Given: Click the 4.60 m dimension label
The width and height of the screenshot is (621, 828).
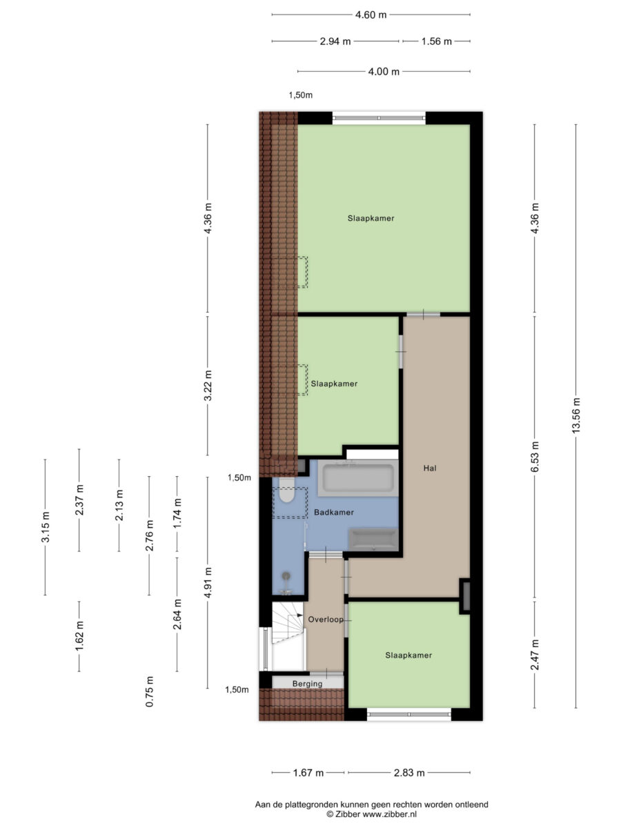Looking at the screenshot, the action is (371, 14).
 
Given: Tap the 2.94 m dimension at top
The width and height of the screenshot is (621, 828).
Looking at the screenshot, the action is (335, 41).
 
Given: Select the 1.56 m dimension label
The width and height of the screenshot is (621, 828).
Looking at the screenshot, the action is (436, 41).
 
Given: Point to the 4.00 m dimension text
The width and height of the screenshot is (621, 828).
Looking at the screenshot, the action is (384, 71).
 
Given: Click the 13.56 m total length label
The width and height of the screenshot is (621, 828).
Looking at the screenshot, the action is (575, 415).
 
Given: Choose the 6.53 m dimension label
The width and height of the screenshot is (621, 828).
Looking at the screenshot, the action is (535, 457).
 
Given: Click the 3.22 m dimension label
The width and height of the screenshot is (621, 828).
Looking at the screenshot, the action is (208, 386).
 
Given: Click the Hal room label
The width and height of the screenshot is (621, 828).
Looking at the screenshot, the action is (430, 468).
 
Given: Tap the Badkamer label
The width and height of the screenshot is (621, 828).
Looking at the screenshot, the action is (334, 512).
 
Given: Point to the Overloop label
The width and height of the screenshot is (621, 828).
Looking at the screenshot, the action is (326, 620).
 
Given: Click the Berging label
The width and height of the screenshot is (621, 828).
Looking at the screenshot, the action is (307, 684).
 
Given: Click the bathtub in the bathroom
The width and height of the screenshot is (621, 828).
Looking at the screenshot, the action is (358, 478).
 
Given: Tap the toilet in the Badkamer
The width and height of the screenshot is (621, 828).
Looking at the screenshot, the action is (286, 491).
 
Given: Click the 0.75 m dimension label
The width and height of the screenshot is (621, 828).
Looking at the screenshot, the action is (150, 691).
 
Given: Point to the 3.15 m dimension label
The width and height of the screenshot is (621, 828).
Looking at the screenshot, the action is (46, 527).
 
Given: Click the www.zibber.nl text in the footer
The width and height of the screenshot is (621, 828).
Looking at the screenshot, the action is (389, 814).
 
